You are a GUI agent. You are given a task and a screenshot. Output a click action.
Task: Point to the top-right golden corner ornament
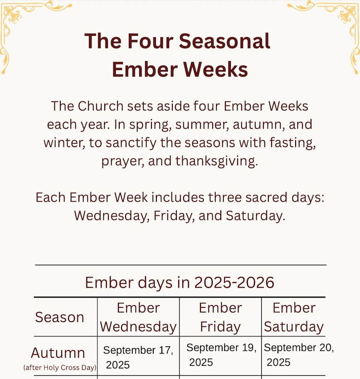click(336, 23)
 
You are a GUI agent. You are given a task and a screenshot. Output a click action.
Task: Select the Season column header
click(60, 317)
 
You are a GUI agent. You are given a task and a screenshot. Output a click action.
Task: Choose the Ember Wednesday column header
click(138, 317)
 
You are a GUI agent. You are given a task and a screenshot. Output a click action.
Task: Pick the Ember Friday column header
click(220, 317)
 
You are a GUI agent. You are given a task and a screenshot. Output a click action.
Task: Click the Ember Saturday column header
click(294, 317)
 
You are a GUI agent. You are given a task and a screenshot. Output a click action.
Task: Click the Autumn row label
click(58, 352)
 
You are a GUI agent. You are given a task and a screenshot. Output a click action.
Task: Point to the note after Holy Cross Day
click(60, 368)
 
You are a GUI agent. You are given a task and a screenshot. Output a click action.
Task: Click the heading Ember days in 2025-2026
click(180, 283)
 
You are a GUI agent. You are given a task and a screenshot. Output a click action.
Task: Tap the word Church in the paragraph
click(101, 106)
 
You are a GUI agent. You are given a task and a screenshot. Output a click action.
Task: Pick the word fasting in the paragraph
click(290, 143)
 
